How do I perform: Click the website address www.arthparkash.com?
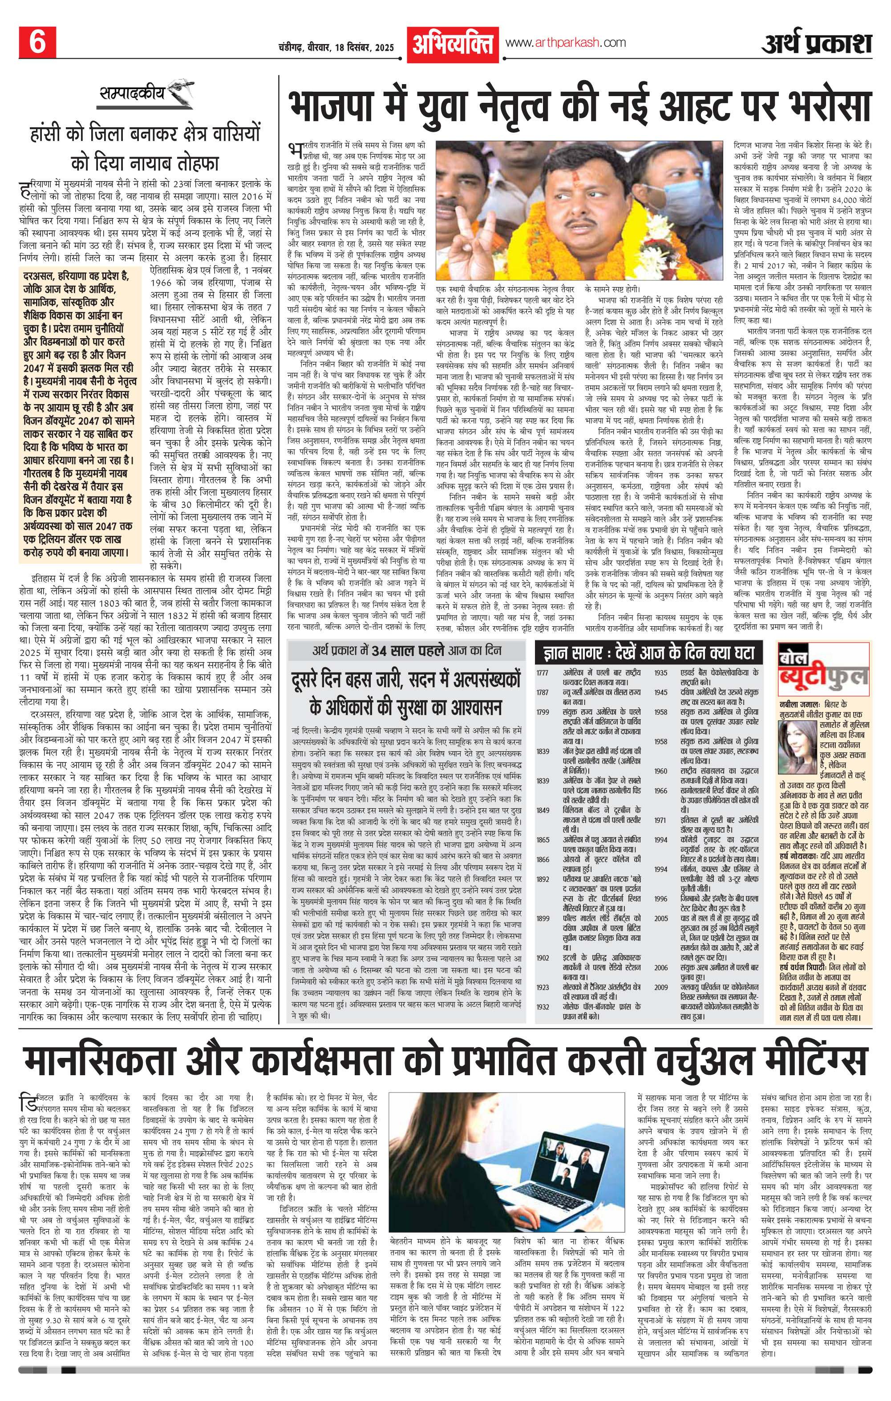(x=566, y=42)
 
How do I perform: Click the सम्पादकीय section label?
(x=129, y=93)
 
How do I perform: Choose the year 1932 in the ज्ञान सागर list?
(x=543, y=990)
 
